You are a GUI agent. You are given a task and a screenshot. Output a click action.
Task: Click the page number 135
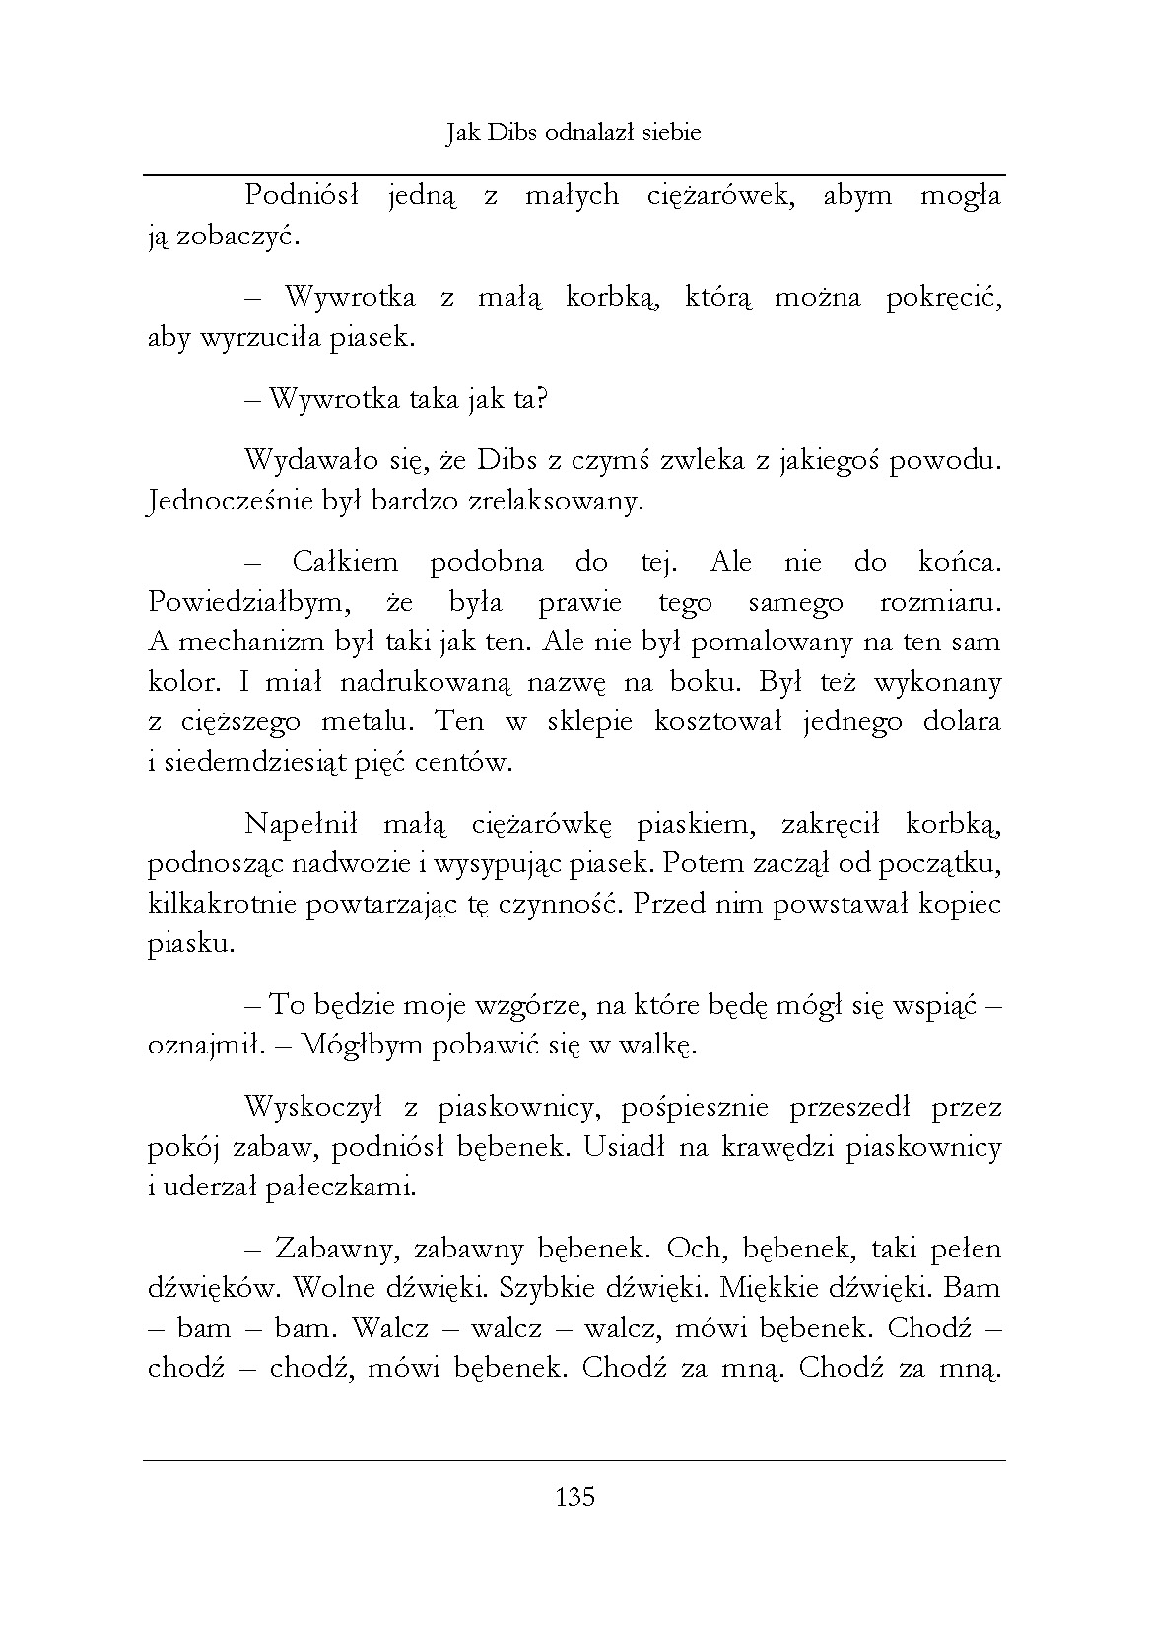pyautogui.click(x=575, y=1498)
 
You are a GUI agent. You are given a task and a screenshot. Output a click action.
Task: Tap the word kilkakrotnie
pyautogui.click(x=223, y=905)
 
